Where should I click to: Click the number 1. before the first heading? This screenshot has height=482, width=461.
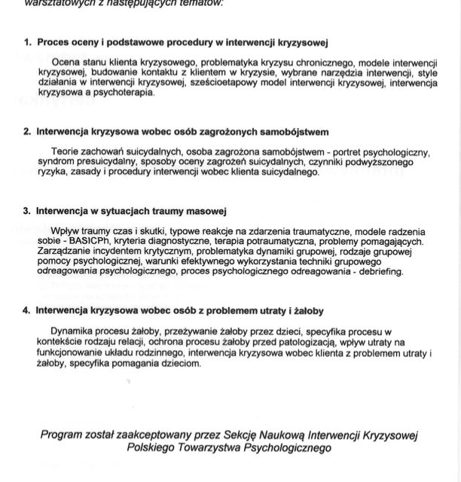(x=27, y=43)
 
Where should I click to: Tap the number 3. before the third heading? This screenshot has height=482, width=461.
(x=27, y=211)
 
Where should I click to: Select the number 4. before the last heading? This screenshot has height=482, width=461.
(x=27, y=310)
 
